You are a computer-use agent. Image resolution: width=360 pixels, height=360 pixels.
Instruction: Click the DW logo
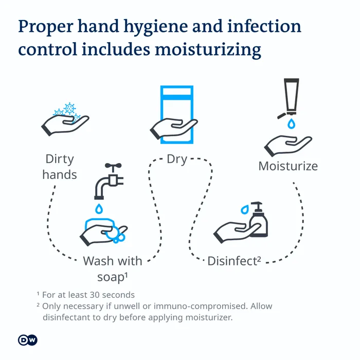(28, 340)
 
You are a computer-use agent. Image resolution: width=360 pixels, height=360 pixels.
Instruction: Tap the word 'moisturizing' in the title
(208, 50)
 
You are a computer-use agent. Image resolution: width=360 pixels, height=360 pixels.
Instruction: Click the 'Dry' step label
(177, 159)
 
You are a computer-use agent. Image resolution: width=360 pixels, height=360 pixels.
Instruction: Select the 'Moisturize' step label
(288, 166)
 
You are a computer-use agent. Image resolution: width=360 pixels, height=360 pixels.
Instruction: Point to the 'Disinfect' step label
(234, 261)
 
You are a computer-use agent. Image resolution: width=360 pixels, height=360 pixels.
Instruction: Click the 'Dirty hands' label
(60, 167)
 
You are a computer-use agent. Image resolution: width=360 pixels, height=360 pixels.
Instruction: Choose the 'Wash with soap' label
(113, 269)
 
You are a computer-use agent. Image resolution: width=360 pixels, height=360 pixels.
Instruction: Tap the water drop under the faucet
(99, 209)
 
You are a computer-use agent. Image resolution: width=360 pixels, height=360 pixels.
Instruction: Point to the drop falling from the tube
(292, 123)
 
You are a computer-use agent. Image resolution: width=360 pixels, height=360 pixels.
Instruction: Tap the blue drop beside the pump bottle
(245, 209)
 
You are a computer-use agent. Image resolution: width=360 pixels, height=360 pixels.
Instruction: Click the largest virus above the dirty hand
(69, 109)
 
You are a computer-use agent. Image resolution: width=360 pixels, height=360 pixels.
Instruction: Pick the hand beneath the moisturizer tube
(288, 146)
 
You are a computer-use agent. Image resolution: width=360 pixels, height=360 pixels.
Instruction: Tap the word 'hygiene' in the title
(156, 27)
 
